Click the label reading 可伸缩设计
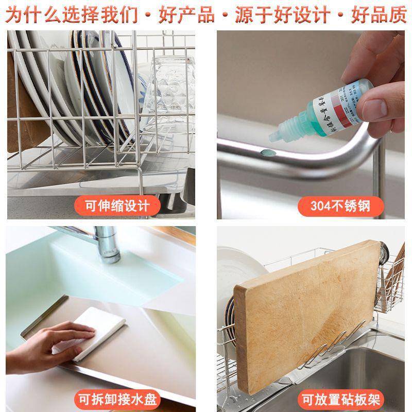tap(117, 207)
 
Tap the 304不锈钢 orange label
tap(340, 207)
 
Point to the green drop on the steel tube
tap(266, 152)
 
